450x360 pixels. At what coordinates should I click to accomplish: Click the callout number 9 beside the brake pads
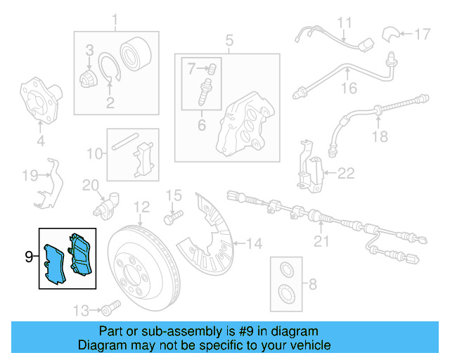[29, 257]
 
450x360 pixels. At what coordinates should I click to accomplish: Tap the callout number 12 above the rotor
[142, 207]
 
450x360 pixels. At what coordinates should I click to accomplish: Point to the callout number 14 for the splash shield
[254, 244]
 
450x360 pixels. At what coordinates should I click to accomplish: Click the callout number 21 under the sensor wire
[321, 243]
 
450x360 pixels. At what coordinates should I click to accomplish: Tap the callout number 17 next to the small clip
[421, 33]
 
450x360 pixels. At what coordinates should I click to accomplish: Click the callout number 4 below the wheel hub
[40, 141]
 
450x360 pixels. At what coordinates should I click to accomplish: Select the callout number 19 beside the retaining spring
[29, 175]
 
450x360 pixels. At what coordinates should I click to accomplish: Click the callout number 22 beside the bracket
[347, 173]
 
